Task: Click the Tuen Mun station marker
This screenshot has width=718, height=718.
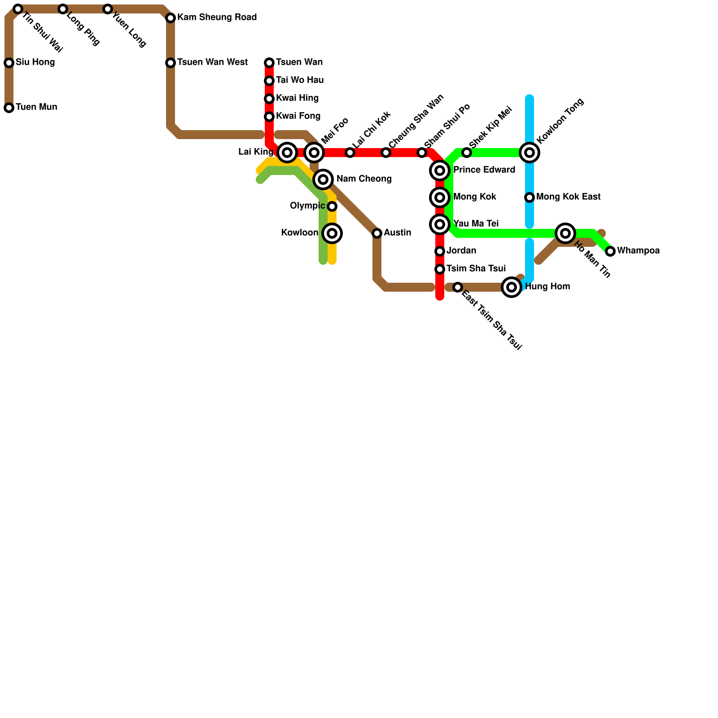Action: pos(9,108)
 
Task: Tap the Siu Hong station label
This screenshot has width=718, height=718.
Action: pos(35,62)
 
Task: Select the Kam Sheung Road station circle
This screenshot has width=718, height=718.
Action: pos(171,18)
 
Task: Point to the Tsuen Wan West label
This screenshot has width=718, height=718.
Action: pos(212,62)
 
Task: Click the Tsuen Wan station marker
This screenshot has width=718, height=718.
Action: pos(269,63)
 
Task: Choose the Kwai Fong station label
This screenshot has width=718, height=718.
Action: pos(298,116)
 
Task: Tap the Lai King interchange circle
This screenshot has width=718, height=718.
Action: pos(287,153)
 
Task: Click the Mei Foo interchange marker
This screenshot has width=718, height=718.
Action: pos(314,153)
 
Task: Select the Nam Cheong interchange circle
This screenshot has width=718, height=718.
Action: pos(323,179)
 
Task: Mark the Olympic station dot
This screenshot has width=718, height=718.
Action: pos(332,206)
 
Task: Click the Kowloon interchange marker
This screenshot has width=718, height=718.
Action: pos(332,233)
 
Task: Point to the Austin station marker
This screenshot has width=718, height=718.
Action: pos(377,233)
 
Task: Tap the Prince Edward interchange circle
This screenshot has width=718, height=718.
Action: pos(440,171)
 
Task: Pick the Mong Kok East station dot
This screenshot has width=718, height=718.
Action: pos(530,197)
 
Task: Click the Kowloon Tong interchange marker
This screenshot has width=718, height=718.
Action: pos(530,153)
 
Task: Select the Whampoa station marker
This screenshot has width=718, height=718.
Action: pos(610,251)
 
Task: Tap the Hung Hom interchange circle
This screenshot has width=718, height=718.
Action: pos(512,287)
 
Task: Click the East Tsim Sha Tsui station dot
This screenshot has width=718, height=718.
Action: pos(458,287)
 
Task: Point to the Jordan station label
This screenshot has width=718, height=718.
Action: pos(461,251)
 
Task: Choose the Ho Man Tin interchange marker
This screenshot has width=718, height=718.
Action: pos(565,233)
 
